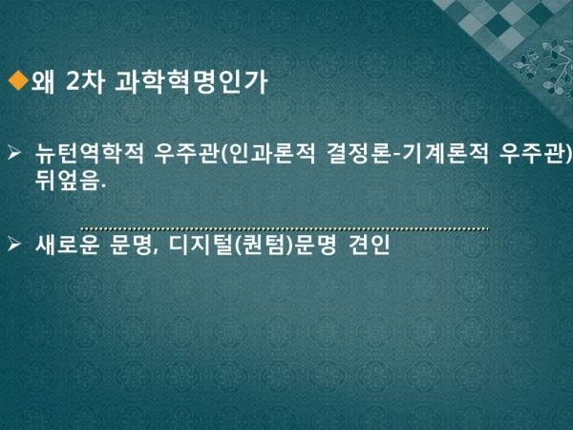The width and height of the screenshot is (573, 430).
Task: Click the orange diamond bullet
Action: tap(18, 80)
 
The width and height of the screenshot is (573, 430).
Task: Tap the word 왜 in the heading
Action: tap(43, 81)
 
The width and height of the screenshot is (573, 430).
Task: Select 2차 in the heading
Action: tap(85, 81)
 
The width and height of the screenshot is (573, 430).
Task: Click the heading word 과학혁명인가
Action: tap(191, 81)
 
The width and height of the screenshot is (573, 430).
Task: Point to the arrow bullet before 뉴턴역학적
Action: tap(14, 152)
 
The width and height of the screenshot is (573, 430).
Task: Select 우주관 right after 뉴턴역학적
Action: tap(186, 153)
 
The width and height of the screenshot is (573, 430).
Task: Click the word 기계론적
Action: tap(445, 153)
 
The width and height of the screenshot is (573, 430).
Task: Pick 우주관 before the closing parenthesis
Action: tap(531, 153)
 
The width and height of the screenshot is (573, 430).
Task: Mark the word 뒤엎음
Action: tap(67, 180)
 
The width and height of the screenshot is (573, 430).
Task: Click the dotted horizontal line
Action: tap(285, 229)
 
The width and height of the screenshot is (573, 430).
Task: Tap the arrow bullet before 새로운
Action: tap(14, 244)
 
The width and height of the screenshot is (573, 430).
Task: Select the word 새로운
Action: tap(68, 245)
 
